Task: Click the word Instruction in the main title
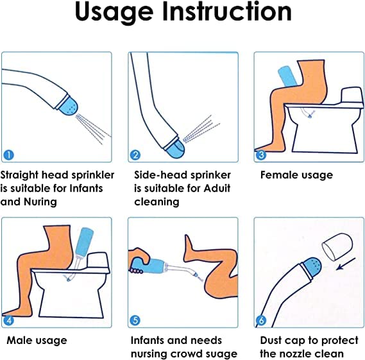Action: click(227, 11)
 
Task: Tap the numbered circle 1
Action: click(8, 155)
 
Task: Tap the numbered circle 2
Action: click(135, 155)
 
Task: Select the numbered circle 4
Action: click(8, 320)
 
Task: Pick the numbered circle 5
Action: click(135, 320)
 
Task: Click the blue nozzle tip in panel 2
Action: click(176, 149)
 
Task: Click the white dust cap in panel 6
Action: click(337, 247)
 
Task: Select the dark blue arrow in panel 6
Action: click(346, 264)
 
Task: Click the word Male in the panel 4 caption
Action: click(19, 341)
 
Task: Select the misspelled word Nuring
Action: click(40, 202)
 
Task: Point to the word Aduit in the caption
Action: click(217, 188)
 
